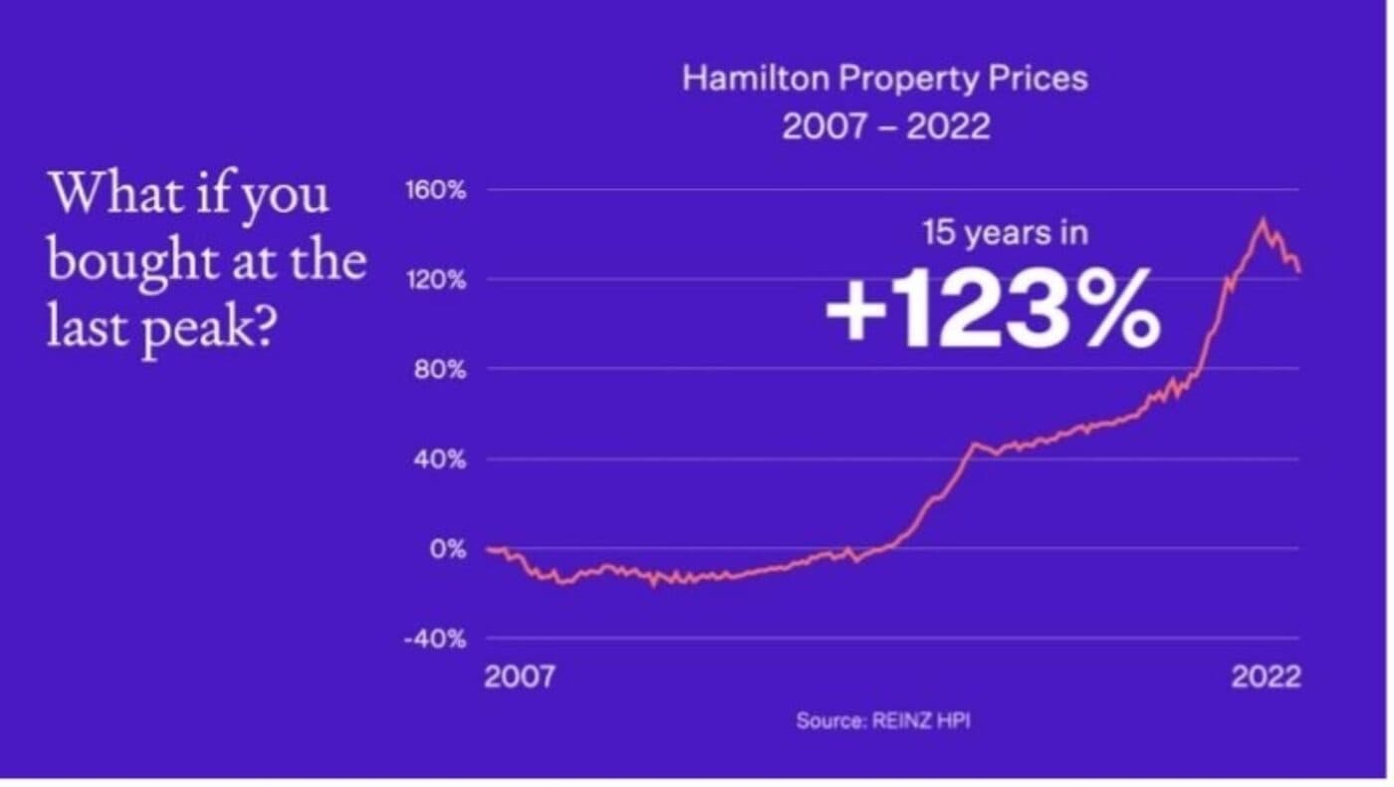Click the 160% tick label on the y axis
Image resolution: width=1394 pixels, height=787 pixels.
435,190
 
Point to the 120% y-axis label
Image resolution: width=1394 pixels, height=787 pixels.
435,280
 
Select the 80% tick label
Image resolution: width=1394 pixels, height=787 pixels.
439,370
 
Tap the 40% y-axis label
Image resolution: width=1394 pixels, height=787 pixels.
439,459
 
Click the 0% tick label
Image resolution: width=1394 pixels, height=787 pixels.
446,549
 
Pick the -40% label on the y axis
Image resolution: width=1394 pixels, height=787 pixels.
434,640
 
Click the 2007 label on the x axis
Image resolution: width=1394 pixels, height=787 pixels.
519,677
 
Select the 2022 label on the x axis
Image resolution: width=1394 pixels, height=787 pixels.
1266,677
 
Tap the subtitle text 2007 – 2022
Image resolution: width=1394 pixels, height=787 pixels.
885,128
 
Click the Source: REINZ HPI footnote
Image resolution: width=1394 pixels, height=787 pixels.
882,721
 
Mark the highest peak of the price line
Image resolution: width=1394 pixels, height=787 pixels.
1263,220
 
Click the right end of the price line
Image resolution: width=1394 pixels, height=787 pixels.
1299,270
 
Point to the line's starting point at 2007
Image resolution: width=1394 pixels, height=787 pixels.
487,549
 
